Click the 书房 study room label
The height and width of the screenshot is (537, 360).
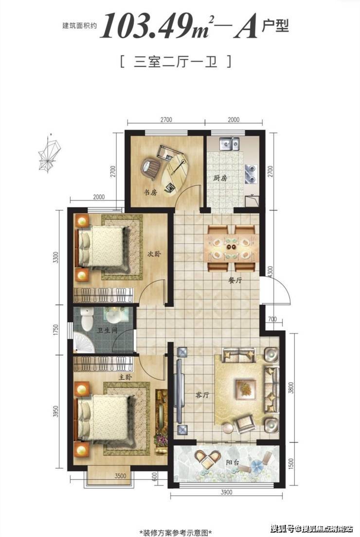pyautogui.click(x=150, y=193)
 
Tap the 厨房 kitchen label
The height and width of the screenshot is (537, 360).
pyautogui.click(x=220, y=178)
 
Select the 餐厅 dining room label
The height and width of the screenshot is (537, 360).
pyautogui.click(x=235, y=280)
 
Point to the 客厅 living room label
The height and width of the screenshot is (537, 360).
pyautogui.click(x=202, y=395)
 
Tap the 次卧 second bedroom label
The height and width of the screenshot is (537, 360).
pyautogui.click(x=154, y=254)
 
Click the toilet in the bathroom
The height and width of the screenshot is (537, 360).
pyautogui.click(x=88, y=318)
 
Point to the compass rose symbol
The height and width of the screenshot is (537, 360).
pyautogui.click(x=49, y=152)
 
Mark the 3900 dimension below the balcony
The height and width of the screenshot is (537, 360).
pyautogui.click(x=226, y=492)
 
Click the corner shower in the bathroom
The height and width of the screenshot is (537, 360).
pyautogui.click(x=84, y=342)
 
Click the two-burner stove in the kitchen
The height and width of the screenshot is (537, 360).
pyautogui.click(x=251, y=173)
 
